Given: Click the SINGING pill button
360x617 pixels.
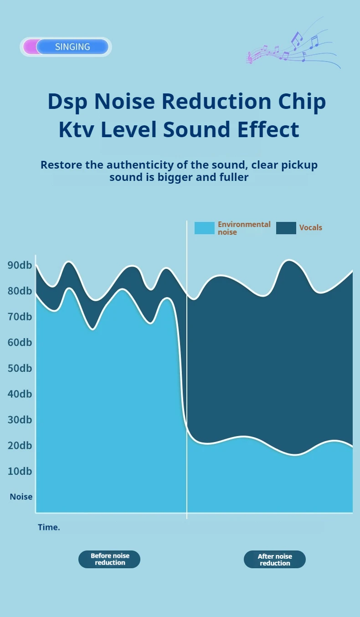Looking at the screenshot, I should [72, 46].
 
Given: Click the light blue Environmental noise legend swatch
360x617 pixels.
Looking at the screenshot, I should [204, 228].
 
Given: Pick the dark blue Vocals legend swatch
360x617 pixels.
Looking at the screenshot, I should [286, 228].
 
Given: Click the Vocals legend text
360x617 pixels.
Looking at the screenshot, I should [310, 228].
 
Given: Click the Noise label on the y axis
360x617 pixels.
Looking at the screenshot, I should [21, 497].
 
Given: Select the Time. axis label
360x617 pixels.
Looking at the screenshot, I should [49, 527].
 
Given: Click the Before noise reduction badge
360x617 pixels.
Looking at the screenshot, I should [109, 559].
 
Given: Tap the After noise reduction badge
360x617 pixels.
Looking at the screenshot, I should [275, 560].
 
